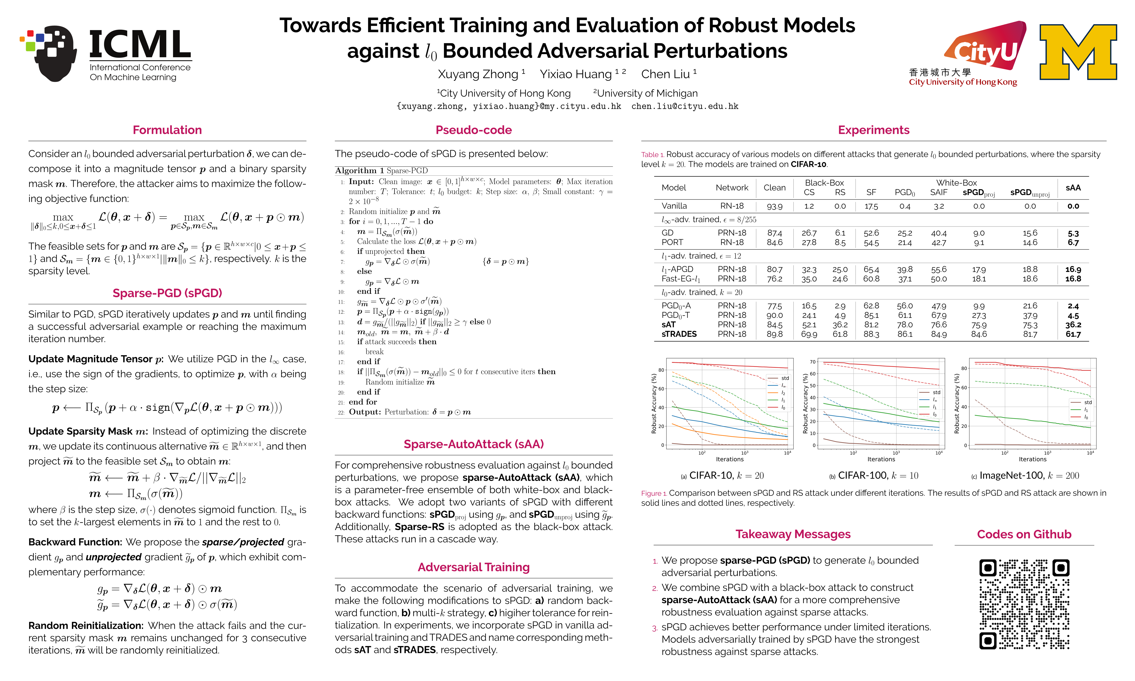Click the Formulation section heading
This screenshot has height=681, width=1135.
click(167, 130)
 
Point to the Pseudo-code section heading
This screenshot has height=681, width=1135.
click(473, 130)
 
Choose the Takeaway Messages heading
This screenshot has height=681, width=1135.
click(793, 534)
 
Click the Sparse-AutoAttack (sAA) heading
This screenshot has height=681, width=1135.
click(473, 444)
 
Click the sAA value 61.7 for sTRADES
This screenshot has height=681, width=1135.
click(1073, 334)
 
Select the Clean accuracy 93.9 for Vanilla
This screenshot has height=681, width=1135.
click(774, 206)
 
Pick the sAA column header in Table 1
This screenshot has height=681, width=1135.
click(1073, 188)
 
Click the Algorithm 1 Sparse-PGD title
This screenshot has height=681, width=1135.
click(381, 171)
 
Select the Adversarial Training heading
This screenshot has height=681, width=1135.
click(473, 567)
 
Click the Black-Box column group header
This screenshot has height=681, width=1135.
click(824, 183)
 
